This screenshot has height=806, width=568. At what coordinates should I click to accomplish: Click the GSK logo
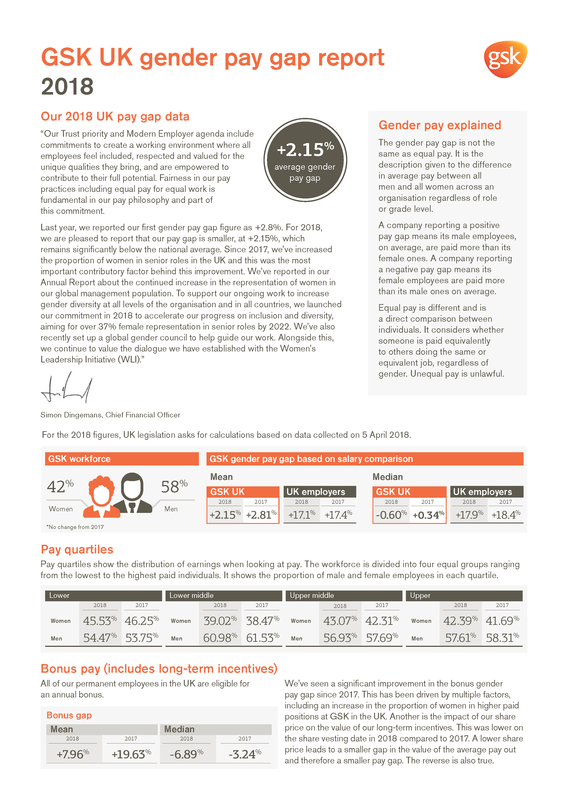[x=505, y=59]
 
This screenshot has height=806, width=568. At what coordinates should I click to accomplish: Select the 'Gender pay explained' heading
[x=440, y=125]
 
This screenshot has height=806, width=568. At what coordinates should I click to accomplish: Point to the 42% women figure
[x=60, y=487]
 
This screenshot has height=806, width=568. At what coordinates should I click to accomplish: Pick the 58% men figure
[x=174, y=487]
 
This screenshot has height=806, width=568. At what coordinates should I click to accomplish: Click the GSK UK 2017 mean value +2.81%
[x=261, y=515]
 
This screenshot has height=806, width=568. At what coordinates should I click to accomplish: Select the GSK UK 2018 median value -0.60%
[x=391, y=515]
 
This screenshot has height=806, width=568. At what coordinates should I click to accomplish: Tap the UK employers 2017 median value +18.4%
[x=505, y=515]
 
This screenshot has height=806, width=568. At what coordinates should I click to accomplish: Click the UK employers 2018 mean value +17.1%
[x=302, y=515]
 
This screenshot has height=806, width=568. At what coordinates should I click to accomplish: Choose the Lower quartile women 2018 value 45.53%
[x=100, y=621]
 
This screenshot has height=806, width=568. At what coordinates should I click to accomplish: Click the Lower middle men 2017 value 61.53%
[x=262, y=637]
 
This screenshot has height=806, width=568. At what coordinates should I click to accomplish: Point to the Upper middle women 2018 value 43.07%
[x=340, y=621]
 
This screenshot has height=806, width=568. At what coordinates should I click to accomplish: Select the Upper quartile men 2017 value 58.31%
[x=502, y=637]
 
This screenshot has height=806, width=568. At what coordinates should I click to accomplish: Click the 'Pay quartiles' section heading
[x=77, y=549]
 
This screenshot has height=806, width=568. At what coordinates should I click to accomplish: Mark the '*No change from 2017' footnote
[x=75, y=527]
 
